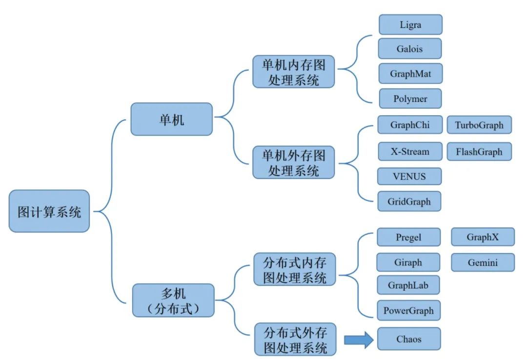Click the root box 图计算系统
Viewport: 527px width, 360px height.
click(49, 211)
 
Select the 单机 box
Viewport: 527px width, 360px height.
click(172, 119)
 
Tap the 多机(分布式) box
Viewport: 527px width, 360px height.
click(173, 300)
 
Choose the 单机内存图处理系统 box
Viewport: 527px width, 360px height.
click(293, 71)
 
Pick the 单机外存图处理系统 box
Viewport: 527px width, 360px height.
click(293, 162)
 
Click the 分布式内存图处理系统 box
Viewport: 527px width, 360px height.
click(295, 269)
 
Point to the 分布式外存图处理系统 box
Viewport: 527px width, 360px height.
click(295, 339)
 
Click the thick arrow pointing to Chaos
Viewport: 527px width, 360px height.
click(359, 340)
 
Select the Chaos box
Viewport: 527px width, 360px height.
click(409, 339)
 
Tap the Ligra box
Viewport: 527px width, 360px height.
click(410, 24)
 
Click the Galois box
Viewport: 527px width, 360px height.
click(410, 49)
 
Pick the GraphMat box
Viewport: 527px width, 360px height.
click(410, 74)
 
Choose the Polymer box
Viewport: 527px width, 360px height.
click(410, 99)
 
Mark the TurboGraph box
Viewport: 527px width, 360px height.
click(479, 125)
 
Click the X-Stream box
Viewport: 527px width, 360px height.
click(410, 151)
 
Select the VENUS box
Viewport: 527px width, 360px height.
click(409, 176)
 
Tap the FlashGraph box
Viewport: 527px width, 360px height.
click(479, 151)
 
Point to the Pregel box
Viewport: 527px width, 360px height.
click(408, 238)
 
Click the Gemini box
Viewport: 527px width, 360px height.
click(483, 262)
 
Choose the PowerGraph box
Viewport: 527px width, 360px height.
click(408, 310)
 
